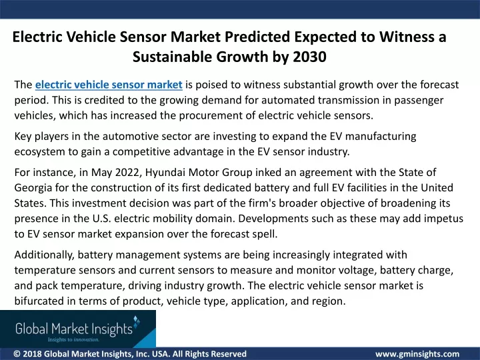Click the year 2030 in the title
pos(309,57)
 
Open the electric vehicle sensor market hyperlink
pos(109,85)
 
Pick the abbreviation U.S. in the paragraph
pos(101,219)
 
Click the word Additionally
pos(45,255)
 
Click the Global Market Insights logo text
pos(74,329)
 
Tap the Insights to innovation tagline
pos(73,339)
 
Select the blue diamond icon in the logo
pos(137,321)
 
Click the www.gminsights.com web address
pos(417,354)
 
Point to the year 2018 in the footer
pos(32,354)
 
